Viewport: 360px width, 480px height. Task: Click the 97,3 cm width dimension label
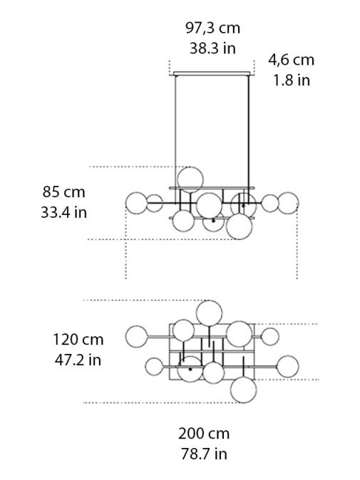pyautogui.click(x=212, y=28)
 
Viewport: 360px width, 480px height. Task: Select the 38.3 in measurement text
pyautogui.click(x=212, y=48)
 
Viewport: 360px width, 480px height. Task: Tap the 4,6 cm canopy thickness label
pyautogui.click(x=291, y=60)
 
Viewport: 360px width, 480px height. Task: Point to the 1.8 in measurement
pyautogui.click(x=291, y=80)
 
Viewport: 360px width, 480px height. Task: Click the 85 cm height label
pyautogui.click(x=63, y=192)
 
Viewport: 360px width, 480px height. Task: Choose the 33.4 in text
pyautogui.click(x=63, y=212)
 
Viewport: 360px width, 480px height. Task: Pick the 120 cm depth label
pyautogui.click(x=78, y=339)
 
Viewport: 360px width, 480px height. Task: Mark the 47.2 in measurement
pyautogui.click(x=78, y=360)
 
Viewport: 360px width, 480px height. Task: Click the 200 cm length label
pyautogui.click(x=204, y=433)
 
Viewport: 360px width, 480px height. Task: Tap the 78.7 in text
pyautogui.click(x=204, y=454)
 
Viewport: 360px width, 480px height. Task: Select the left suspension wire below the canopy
pyautogui.click(x=175, y=121)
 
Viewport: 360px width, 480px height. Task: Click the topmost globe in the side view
pyautogui.click(x=190, y=179)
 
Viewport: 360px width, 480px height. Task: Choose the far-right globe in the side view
pyautogui.click(x=287, y=203)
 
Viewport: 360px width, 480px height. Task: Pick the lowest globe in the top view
pyautogui.click(x=243, y=390)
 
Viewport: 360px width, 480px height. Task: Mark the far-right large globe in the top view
pyautogui.click(x=287, y=366)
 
